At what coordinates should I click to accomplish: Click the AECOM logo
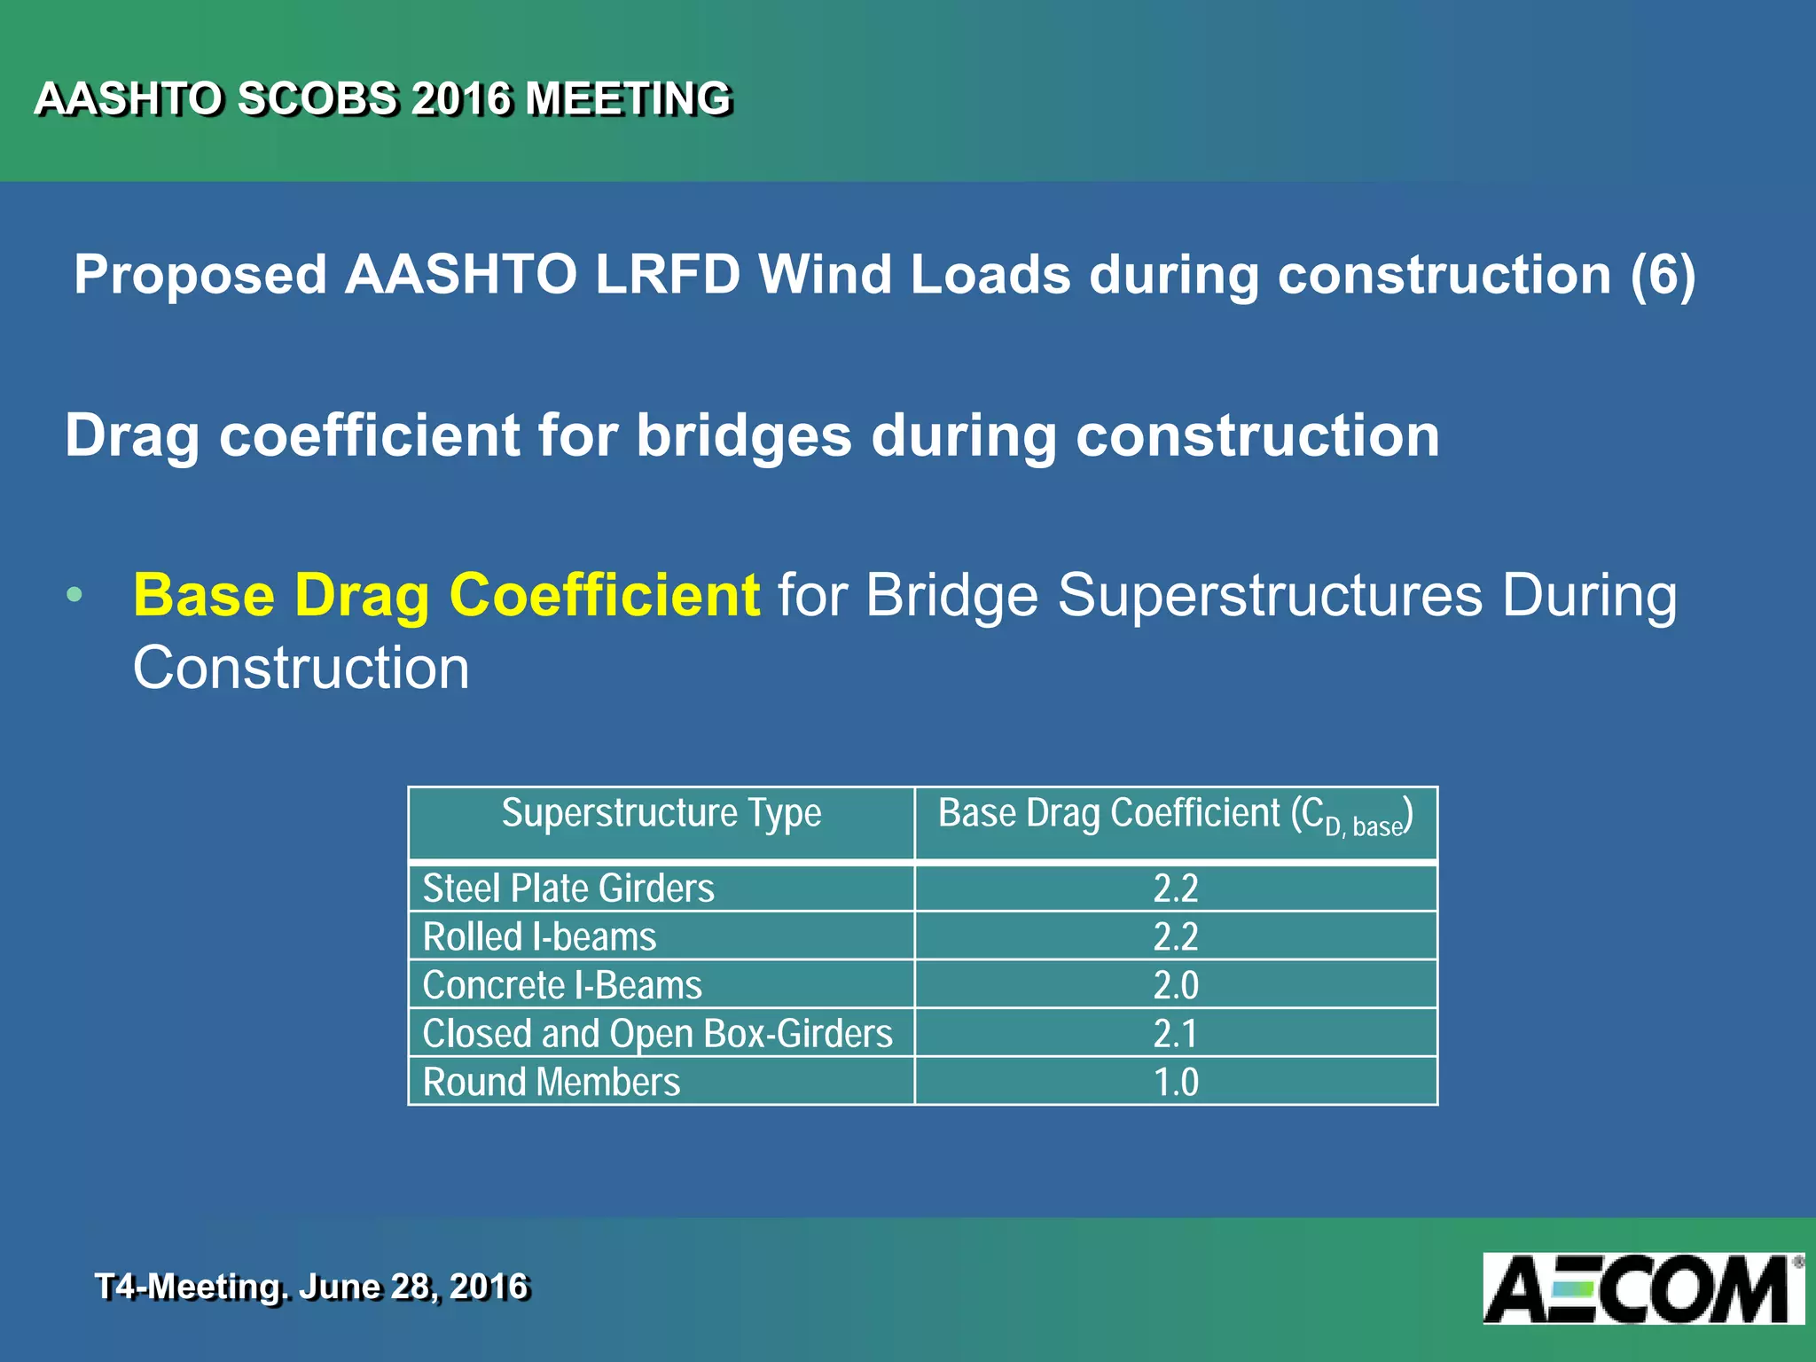(1642, 1288)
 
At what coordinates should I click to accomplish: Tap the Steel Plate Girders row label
(568, 888)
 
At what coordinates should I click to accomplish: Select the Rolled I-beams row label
(539, 937)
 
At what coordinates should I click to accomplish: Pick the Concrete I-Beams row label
(562, 985)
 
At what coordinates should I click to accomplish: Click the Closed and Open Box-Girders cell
(657, 1034)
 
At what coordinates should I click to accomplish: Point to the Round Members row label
(552, 1082)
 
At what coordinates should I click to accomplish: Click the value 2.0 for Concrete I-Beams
(1176, 985)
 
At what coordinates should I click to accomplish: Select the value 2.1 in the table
(1176, 1034)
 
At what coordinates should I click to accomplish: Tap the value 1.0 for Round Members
(1176, 1082)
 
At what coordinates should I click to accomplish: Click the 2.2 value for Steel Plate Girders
(1176, 888)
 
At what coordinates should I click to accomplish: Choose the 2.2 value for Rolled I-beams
(1176, 937)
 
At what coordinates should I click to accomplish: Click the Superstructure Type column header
(661, 813)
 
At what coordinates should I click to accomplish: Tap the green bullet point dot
(74, 595)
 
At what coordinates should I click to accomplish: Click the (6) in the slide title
(1663, 274)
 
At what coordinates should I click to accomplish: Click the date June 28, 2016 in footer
(413, 1287)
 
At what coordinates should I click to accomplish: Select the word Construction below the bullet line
(301, 668)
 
